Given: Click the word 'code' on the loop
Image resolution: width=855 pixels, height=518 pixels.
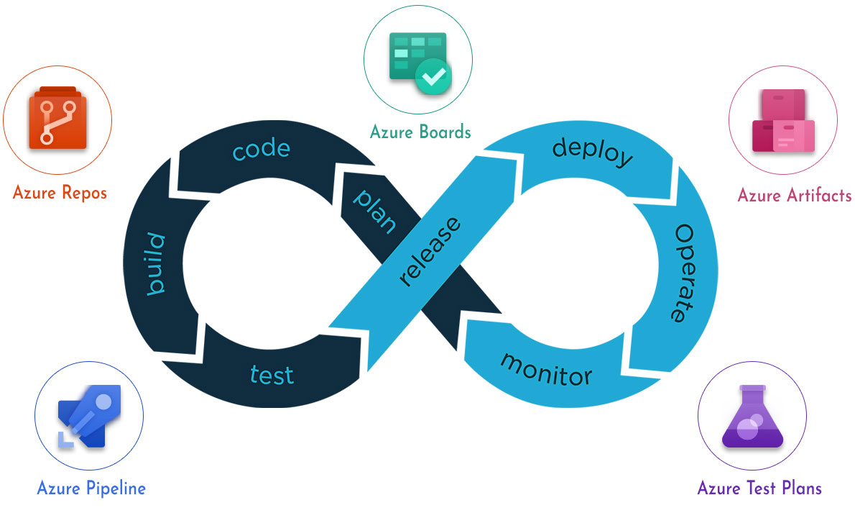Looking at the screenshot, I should click(x=261, y=148).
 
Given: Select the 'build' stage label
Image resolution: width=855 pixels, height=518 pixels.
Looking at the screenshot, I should click(x=156, y=264).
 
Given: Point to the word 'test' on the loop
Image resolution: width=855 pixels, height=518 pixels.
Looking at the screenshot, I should click(x=272, y=374).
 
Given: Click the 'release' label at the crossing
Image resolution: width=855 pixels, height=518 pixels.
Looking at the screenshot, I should click(x=429, y=252).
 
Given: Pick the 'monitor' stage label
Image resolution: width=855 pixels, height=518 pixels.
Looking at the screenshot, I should click(x=547, y=371).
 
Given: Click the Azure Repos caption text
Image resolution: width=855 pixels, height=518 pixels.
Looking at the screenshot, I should click(x=60, y=193).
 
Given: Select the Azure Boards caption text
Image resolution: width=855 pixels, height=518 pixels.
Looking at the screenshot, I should click(x=420, y=132).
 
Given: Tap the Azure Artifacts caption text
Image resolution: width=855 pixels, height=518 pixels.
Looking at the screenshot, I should click(x=795, y=195).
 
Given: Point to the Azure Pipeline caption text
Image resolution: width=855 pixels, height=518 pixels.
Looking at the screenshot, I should click(x=91, y=489).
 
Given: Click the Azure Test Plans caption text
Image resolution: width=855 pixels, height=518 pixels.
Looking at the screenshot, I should click(x=759, y=489).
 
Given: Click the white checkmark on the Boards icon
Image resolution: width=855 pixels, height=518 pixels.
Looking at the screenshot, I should click(x=434, y=75).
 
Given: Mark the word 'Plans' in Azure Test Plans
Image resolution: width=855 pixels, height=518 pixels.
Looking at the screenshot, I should click(x=800, y=489).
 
